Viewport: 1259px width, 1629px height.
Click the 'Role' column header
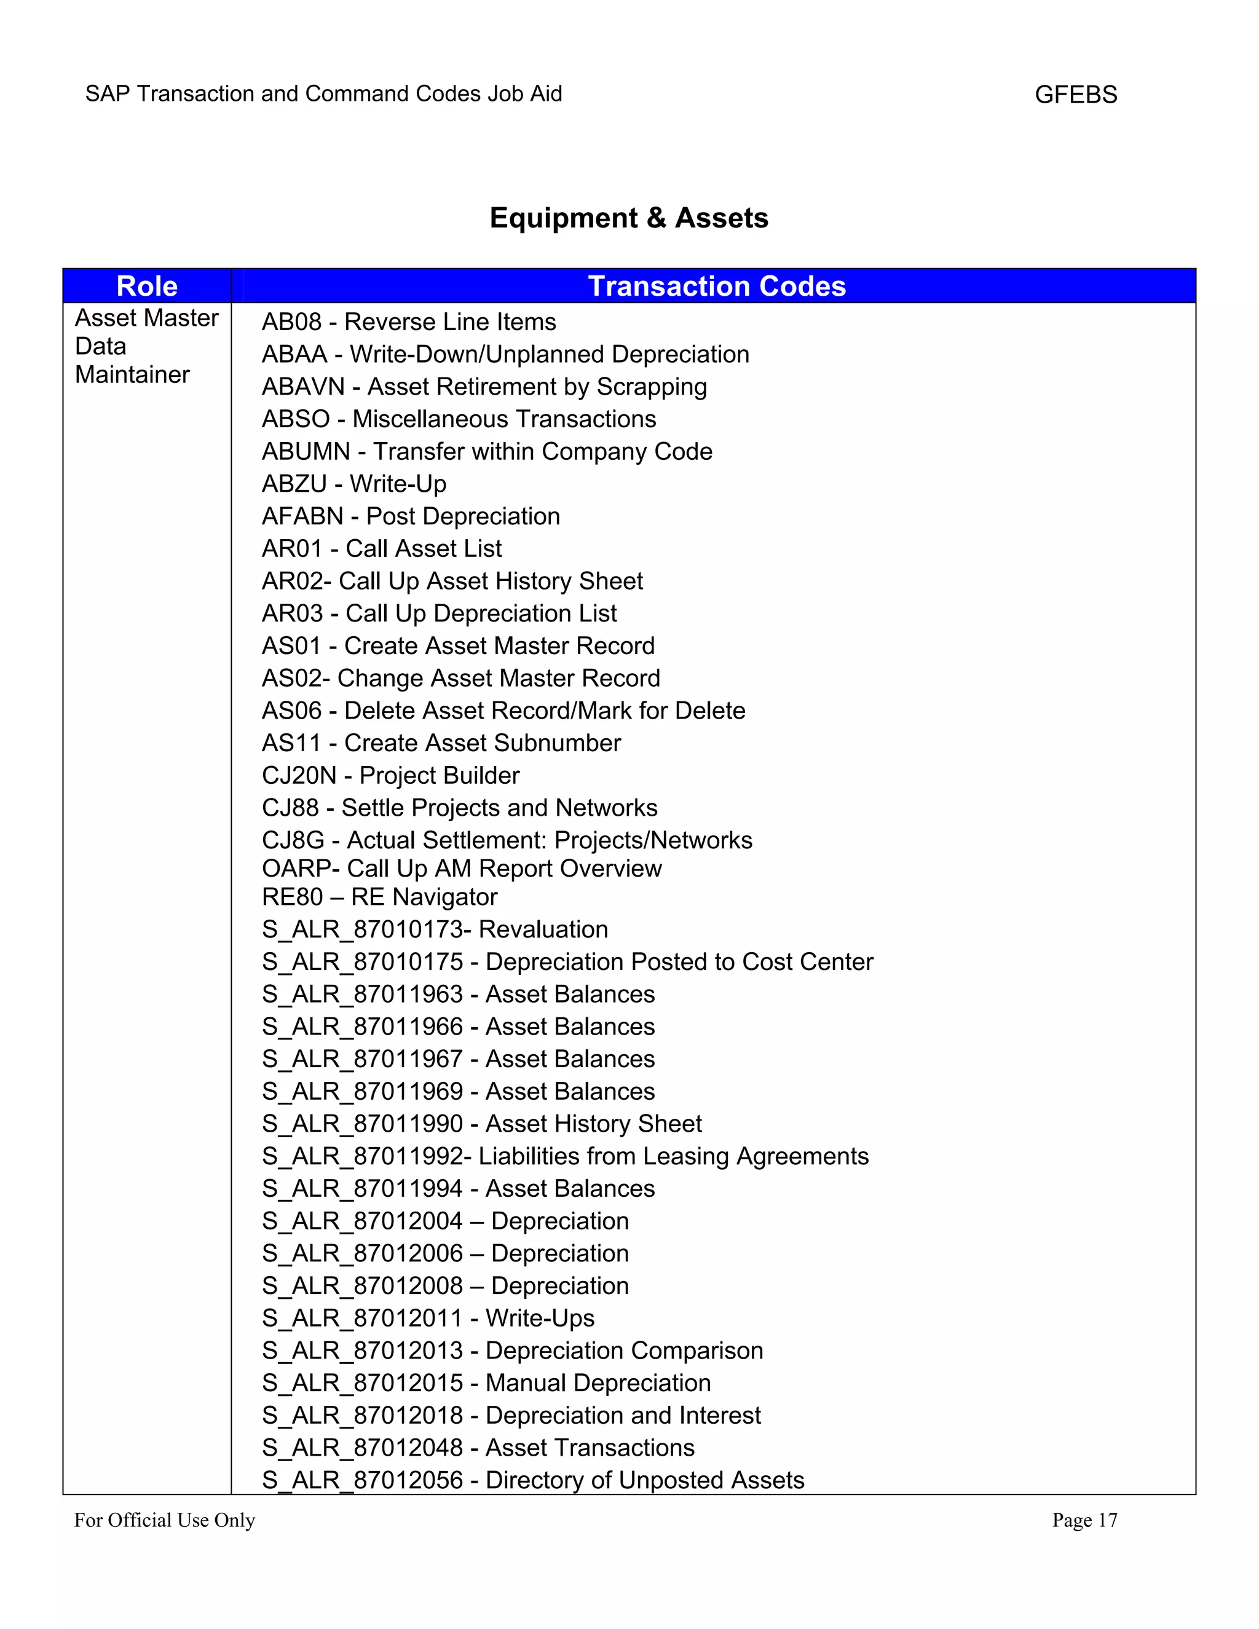pyautogui.click(x=147, y=286)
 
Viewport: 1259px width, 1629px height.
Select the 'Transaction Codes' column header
pyautogui.click(x=716, y=286)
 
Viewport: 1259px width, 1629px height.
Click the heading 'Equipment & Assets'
pyautogui.click(x=629, y=218)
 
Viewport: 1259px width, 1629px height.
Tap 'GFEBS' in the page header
pyautogui.click(x=1076, y=95)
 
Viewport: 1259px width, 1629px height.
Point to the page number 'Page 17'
pyautogui.click(x=1084, y=1520)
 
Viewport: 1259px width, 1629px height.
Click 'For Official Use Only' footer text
pyautogui.click(x=164, y=1520)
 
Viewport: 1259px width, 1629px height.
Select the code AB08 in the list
pyautogui.click(x=291, y=322)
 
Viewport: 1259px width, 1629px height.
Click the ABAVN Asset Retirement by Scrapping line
pyautogui.click(x=484, y=387)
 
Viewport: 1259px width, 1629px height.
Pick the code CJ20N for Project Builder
pyautogui.click(x=299, y=776)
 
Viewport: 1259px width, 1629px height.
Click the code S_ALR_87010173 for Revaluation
pyautogui.click(x=361, y=930)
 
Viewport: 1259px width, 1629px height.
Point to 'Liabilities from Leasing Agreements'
pyautogui.click(x=674, y=1157)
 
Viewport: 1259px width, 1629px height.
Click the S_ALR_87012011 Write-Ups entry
pyautogui.click(x=428, y=1319)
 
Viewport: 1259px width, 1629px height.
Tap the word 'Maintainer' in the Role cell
pyautogui.click(x=132, y=374)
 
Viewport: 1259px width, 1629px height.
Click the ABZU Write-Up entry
pyautogui.click(x=353, y=484)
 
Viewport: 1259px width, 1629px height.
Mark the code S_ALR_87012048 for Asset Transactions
pyautogui.click(x=361, y=1448)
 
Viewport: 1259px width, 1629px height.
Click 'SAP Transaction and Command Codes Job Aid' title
pyautogui.click(x=324, y=94)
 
